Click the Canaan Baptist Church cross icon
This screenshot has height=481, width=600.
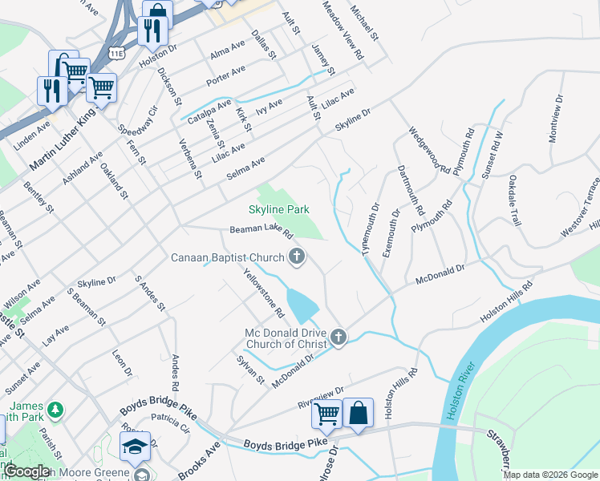point(297,257)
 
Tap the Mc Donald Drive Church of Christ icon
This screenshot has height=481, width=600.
point(339,338)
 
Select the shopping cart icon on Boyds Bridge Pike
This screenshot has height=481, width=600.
point(326,414)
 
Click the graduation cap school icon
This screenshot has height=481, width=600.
point(135,446)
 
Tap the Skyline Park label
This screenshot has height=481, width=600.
point(279,209)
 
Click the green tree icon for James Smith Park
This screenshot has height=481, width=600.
point(55,410)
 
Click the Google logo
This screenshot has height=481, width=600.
point(26,471)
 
